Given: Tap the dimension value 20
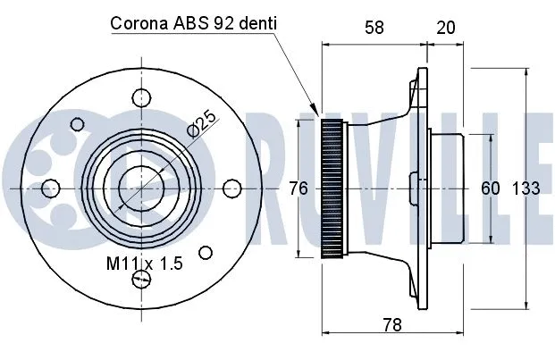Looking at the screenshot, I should tap(445, 28).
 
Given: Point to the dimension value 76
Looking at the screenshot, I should tap(299, 188).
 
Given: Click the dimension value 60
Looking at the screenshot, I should tap(491, 188).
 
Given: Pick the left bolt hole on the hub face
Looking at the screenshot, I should tap(50, 188).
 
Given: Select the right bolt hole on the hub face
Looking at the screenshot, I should tap(231, 188).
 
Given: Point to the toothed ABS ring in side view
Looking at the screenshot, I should tap(332, 188).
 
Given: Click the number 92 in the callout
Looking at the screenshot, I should tap(223, 24).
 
